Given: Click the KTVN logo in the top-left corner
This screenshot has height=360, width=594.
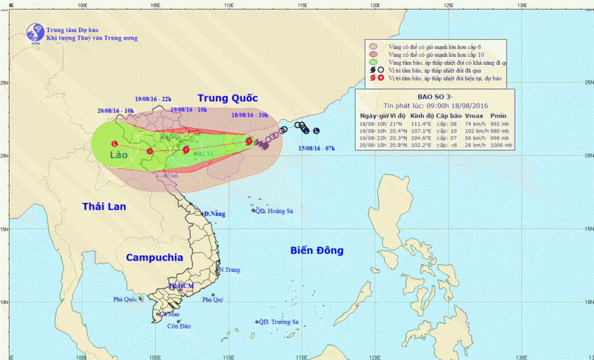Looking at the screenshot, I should tap(34, 33).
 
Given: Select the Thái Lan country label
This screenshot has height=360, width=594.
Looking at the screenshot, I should tap(106, 206).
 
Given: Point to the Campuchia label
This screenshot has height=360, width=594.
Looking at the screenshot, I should tap(154, 258).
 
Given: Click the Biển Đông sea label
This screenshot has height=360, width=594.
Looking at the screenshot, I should tap(317, 251).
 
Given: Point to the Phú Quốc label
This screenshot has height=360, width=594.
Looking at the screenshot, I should tap(126, 299).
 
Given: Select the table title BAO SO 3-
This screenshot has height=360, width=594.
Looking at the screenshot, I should tap(435, 97).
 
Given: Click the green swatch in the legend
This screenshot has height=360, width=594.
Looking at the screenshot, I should tap(374, 62).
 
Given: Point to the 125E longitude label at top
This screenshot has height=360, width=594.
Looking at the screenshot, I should tap(448, 5).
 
